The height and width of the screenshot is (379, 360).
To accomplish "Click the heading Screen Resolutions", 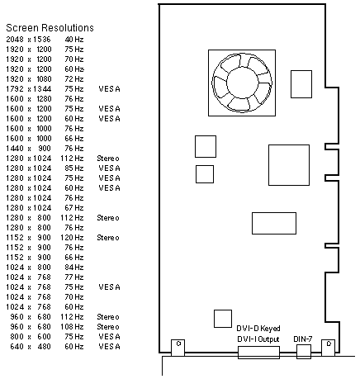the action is (50, 28).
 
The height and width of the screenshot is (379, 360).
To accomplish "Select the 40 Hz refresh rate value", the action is (74, 40).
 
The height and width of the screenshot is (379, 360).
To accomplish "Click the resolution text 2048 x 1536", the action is (29, 40).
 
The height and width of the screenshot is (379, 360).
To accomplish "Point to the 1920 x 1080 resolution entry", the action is (29, 79).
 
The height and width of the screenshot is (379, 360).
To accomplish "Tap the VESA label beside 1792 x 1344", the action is (110, 89).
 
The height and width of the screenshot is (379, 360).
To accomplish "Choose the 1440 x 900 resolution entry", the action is (29, 149).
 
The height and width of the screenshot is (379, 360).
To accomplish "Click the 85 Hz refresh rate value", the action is (74, 168).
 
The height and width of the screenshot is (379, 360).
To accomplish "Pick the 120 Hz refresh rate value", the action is (72, 238).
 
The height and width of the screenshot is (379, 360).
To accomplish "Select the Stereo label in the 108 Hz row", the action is (108, 327).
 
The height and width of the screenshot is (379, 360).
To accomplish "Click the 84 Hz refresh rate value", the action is (74, 268).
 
